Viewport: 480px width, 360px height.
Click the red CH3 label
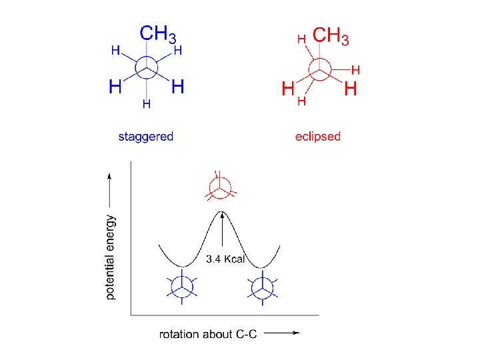coord(331,35)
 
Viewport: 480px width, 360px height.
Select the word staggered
coord(145,137)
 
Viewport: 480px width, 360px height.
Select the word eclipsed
coord(318,137)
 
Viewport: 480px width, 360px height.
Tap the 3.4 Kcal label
coord(227,258)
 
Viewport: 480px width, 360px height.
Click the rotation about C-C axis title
coord(208,334)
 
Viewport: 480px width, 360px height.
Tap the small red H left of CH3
coord(301,39)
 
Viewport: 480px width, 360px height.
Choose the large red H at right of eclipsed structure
coord(351,87)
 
